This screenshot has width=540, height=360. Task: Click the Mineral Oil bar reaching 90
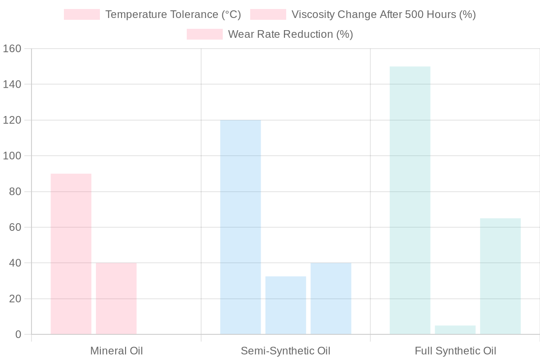click(x=71, y=254)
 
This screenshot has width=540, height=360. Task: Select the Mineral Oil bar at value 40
click(x=116, y=299)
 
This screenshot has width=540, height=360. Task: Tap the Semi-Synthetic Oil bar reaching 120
click(x=240, y=227)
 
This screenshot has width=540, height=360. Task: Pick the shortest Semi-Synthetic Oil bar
click(x=286, y=306)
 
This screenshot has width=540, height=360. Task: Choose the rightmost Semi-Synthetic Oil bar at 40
click(x=331, y=299)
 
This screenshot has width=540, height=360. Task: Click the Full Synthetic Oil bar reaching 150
click(x=410, y=201)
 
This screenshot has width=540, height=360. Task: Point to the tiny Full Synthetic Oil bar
click(x=455, y=330)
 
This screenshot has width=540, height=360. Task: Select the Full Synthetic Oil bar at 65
click(x=500, y=276)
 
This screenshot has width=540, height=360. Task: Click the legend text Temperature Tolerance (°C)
click(x=173, y=14)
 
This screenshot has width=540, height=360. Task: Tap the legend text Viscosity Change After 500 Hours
click(x=383, y=14)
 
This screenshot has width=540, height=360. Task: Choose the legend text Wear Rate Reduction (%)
click(x=290, y=34)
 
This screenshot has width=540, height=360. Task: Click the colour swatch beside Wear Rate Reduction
click(x=205, y=34)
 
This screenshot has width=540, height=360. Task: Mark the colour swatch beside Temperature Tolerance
click(x=82, y=14)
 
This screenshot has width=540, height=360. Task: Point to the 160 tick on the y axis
click(x=12, y=49)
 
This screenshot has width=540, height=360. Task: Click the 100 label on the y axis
click(x=12, y=156)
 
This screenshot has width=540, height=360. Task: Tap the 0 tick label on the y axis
click(x=18, y=334)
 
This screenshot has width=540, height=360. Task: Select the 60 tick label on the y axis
click(x=15, y=227)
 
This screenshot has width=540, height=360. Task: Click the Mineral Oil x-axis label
click(x=117, y=351)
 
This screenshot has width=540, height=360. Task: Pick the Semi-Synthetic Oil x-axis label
click(x=286, y=351)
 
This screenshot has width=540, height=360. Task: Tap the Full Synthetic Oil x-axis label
click(x=455, y=351)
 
